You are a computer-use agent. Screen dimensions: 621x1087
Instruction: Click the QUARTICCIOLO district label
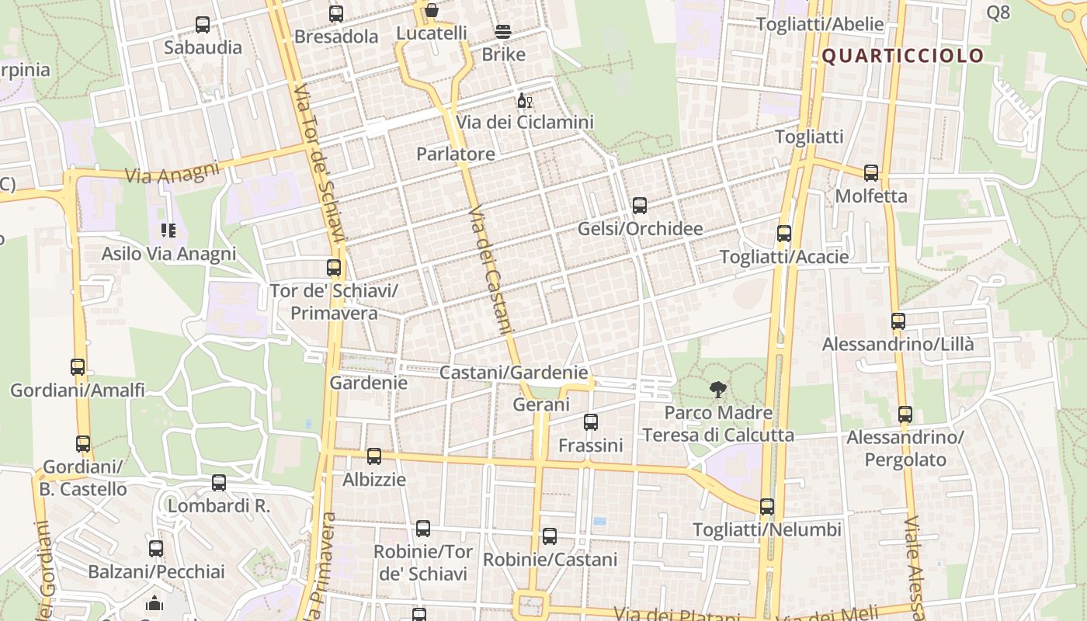(902, 56)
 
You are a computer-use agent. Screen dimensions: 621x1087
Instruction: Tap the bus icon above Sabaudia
(203, 25)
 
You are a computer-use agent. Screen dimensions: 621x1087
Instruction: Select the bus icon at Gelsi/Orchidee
(639, 206)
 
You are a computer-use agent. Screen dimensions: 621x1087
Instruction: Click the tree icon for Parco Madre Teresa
(718, 390)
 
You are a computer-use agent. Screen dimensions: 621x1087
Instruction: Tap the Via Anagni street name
(172, 174)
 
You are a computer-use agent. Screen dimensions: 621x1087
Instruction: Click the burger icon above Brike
(503, 32)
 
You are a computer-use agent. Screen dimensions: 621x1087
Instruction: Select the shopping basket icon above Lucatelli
(432, 11)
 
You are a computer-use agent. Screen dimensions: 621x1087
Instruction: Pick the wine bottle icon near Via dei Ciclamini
(525, 101)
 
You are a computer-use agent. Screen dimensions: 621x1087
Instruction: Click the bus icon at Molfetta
(871, 173)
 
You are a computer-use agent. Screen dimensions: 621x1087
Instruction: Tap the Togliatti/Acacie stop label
(784, 256)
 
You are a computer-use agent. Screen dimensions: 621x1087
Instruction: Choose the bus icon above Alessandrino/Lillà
(898, 321)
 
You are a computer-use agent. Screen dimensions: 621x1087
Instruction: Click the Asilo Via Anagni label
(168, 254)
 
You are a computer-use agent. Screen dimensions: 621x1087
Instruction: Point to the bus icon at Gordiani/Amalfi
(78, 367)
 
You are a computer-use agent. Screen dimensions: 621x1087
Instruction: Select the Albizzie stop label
(374, 479)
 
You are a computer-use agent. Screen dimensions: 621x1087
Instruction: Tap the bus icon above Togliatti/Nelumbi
(767, 507)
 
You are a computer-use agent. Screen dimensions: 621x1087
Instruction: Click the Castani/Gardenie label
(513, 373)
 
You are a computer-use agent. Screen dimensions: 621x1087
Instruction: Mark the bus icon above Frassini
(591, 422)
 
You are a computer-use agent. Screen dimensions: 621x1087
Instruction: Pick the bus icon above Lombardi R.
(219, 483)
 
